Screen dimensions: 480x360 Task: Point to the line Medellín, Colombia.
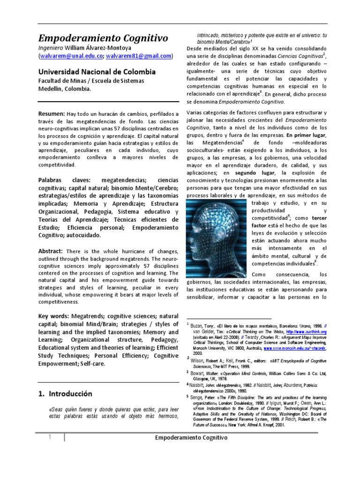(65, 89)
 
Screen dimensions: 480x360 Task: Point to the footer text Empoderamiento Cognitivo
(191, 437)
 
